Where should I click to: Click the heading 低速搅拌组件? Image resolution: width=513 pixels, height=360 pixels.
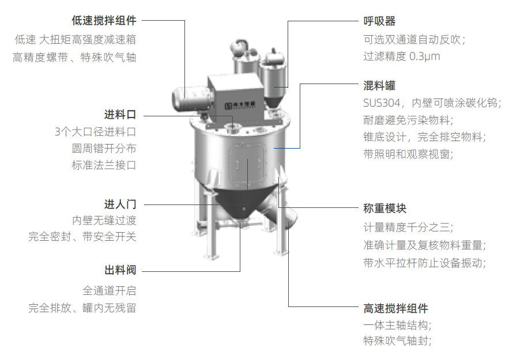pos(104,20)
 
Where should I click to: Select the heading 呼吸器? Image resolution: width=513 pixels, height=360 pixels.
pos(379,21)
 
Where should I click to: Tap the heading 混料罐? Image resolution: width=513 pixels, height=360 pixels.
pos(379,86)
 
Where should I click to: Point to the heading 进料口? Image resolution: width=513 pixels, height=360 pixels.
pos(120,115)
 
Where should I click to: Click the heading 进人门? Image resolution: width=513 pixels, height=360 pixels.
pos(120,204)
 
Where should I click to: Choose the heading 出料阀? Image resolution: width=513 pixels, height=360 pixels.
pos(120,270)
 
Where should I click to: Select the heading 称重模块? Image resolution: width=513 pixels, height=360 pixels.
pos(385,209)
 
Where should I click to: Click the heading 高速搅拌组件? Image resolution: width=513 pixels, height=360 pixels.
pos(396,308)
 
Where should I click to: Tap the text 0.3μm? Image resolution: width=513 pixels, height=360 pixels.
pos(425,56)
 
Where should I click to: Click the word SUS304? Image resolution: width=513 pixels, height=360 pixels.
pos(382,103)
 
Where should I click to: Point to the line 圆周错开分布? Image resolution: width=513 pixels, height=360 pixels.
pos(104,149)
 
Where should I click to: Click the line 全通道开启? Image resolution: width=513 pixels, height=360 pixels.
pos(110,290)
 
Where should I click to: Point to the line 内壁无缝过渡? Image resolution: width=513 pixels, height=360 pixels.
pos(104,221)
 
